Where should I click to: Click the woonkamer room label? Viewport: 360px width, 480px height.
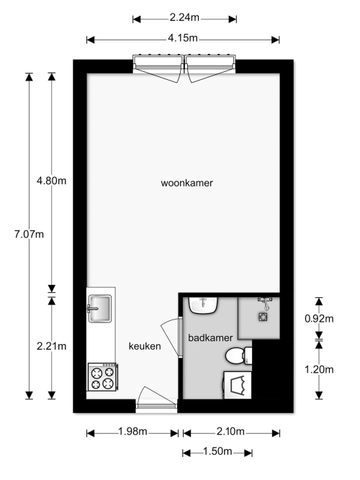click(x=187, y=183)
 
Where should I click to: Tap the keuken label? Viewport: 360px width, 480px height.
click(x=145, y=346)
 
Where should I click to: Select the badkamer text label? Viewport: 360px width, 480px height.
click(x=210, y=338)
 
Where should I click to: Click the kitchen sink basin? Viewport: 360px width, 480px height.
click(x=99, y=309)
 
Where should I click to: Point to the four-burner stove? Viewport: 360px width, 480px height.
click(x=103, y=377)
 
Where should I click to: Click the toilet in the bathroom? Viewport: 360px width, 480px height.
click(x=239, y=356)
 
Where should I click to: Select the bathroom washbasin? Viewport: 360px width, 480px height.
click(x=203, y=305)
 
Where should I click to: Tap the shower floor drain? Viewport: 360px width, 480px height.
click(x=263, y=317)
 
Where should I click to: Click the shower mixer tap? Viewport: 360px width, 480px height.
click(x=266, y=302)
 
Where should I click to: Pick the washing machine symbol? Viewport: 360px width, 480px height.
click(x=238, y=385)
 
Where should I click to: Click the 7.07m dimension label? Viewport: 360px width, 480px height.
click(x=29, y=235)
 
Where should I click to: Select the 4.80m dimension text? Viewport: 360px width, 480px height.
click(x=51, y=181)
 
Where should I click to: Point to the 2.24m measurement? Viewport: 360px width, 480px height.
click(x=184, y=18)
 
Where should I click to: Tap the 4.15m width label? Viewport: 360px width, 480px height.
click(x=183, y=38)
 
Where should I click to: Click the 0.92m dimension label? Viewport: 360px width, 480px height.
click(x=319, y=319)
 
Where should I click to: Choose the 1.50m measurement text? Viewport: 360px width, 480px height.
click(x=217, y=451)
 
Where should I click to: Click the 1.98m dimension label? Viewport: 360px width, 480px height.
click(x=132, y=432)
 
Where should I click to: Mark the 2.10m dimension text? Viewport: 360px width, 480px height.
click(x=230, y=432)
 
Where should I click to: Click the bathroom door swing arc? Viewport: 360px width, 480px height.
click(x=170, y=335)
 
